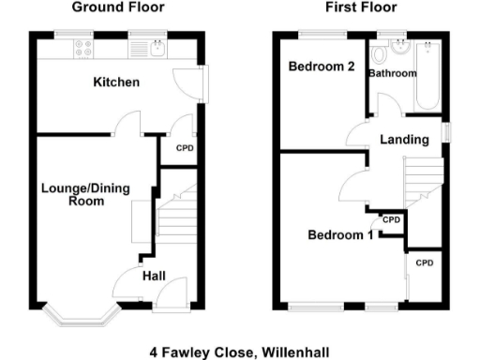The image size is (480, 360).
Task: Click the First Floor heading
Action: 360,7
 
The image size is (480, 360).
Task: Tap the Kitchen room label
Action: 116,83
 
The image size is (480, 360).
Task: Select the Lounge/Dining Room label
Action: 78,193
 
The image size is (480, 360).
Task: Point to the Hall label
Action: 155,277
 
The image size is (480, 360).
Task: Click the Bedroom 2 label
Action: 321,67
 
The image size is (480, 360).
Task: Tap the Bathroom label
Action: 392,73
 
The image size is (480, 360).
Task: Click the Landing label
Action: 404,140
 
